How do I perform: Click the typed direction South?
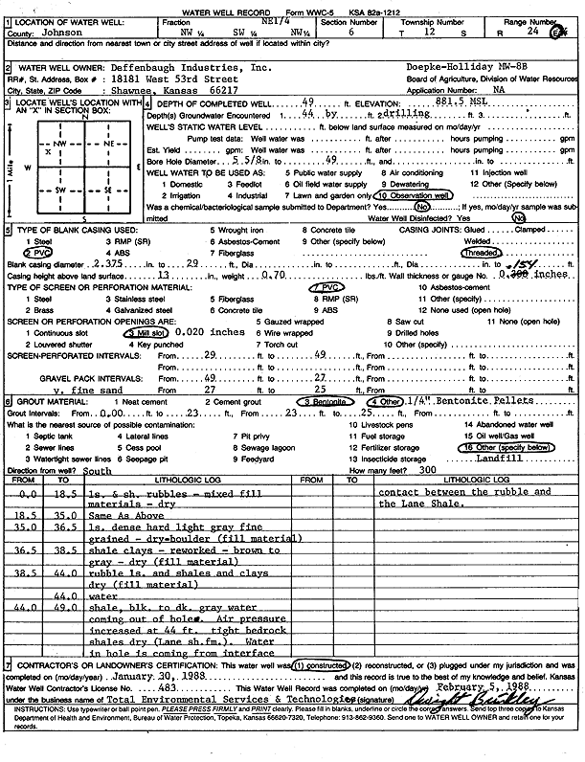98,471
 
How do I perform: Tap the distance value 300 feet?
427,471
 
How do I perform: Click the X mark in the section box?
48,151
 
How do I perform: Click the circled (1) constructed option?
317,690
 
